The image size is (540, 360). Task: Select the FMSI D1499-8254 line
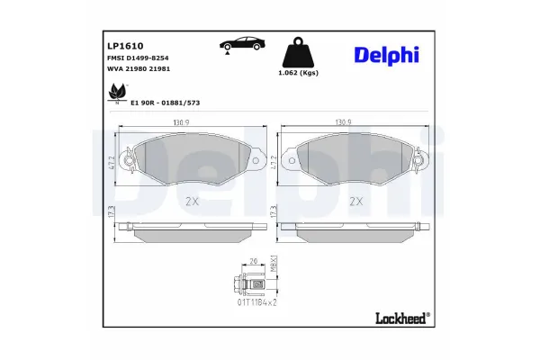(137, 58)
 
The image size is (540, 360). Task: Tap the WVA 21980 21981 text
(137, 69)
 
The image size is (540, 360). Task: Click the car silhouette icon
(240, 45)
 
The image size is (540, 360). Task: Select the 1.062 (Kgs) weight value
(298, 73)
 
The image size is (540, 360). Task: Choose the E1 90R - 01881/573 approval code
(165, 103)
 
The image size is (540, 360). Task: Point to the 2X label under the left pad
(190, 201)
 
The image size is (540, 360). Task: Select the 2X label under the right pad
(355, 201)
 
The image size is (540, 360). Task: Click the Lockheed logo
(400, 317)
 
